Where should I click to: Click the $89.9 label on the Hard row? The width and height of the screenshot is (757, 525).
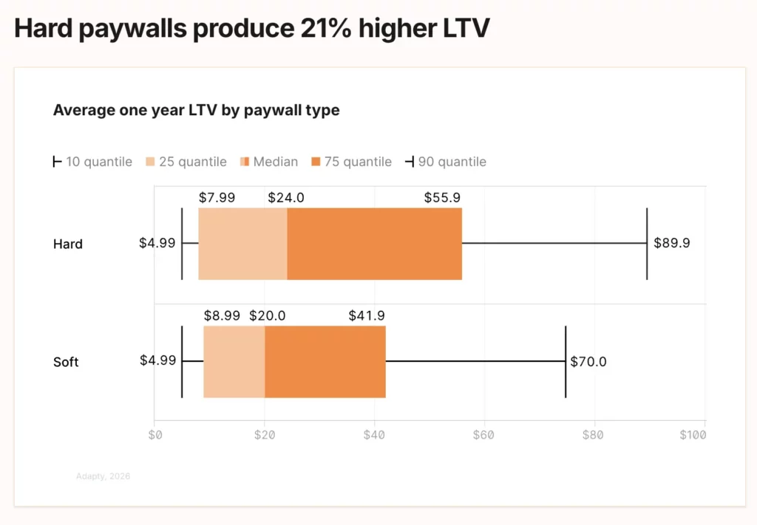(671, 243)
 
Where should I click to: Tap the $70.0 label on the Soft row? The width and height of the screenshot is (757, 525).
(588, 361)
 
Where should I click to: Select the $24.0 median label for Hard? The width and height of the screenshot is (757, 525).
(286, 198)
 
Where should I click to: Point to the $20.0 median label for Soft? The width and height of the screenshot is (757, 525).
(267, 316)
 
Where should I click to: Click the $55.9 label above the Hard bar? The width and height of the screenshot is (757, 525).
(442, 198)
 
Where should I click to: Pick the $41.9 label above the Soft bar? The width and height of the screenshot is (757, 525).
(367, 316)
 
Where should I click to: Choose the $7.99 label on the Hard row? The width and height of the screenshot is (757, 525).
(217, 198)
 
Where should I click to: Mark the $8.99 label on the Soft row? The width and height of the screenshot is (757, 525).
(223, 316)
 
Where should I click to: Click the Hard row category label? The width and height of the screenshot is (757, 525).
(68, 244)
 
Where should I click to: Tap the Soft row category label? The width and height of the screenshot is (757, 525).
(66, 362)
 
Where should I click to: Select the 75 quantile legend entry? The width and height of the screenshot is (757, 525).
(351, 162)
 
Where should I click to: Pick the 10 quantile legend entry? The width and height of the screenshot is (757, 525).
(92, 162)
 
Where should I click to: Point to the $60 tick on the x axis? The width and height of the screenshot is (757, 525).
(484, 435)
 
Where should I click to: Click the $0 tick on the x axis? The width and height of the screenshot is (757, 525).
(155, 435)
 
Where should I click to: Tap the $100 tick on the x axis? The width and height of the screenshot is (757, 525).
(693, 435)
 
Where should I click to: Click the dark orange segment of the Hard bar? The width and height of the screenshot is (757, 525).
(374, 244)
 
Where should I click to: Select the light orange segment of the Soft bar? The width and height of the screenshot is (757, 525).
(234, 362)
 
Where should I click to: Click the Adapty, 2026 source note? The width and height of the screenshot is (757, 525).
(103, 476)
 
